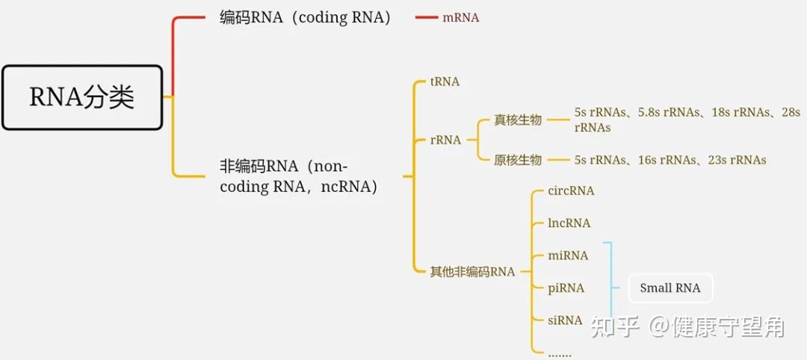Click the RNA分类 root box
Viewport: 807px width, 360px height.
point(82,97)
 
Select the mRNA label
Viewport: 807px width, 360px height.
point(460,17)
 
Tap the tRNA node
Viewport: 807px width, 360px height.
point(445,81)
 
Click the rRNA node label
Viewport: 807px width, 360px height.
point(445,140)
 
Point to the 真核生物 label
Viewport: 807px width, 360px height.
point(517,120)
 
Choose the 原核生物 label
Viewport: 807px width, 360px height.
point(517,160)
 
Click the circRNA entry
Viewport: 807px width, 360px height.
point(571,190)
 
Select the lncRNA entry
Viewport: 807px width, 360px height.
point(569,223)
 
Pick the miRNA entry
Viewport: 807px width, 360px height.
point(568,255)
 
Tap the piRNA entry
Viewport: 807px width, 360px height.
point(566,288)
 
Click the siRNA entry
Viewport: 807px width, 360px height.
point(565,320)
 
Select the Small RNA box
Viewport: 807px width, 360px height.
point(670,288)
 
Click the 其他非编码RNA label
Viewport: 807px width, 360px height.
point(472,272)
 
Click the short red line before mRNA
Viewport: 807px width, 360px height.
point(426,17)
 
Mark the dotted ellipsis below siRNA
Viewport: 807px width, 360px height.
point(559,353)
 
